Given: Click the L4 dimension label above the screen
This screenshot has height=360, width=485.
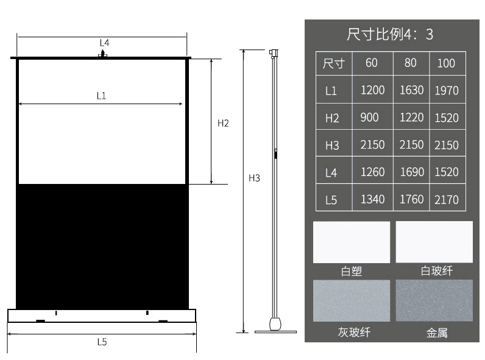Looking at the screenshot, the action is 104,43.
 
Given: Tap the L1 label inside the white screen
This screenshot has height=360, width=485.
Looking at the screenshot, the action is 101,96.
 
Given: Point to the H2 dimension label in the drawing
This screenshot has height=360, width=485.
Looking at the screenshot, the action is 223,123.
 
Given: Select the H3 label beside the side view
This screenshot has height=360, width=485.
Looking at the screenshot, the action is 254,178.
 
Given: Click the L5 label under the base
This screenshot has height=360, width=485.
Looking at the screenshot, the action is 102,342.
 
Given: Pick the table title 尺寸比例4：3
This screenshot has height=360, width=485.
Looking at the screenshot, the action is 390,34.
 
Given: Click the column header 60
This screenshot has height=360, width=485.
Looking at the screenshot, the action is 372,63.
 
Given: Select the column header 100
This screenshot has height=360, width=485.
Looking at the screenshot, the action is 446,63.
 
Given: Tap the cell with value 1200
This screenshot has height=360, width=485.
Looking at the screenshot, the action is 372,90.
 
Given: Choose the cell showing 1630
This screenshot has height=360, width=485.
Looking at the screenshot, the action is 411,90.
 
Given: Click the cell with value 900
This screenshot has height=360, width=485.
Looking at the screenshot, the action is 369,118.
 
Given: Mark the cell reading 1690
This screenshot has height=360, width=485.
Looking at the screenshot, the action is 411,172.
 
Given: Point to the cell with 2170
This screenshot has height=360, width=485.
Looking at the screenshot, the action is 447,200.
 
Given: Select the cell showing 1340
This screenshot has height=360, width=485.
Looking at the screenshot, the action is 372,199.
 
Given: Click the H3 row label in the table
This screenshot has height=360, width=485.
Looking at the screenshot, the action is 332,146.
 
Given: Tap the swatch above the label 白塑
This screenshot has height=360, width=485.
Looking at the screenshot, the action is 351,242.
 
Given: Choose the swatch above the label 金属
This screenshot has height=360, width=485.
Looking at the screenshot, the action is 434,300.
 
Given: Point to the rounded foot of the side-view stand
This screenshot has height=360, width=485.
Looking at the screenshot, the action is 275,322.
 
